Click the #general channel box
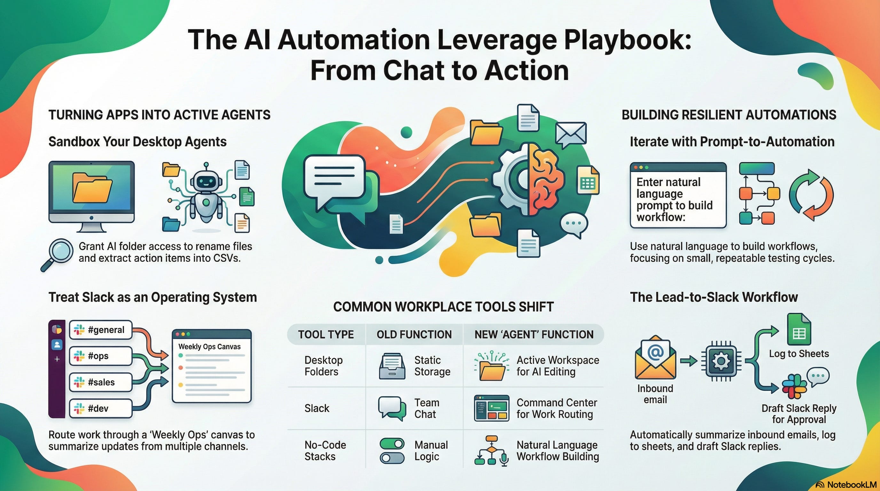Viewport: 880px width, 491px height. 100,330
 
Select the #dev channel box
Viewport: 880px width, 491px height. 100,409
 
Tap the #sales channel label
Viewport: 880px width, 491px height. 101,382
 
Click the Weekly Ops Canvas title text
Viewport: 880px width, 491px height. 209,347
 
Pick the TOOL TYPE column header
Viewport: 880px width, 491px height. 326,334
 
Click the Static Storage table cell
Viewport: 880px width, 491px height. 432,366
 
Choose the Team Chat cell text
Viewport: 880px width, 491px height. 426,409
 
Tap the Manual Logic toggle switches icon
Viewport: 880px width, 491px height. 392,451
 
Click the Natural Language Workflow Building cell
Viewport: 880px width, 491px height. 558,451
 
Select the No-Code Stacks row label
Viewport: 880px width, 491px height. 325,451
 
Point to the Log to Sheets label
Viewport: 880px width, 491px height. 799,354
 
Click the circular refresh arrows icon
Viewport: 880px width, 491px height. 811,195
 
